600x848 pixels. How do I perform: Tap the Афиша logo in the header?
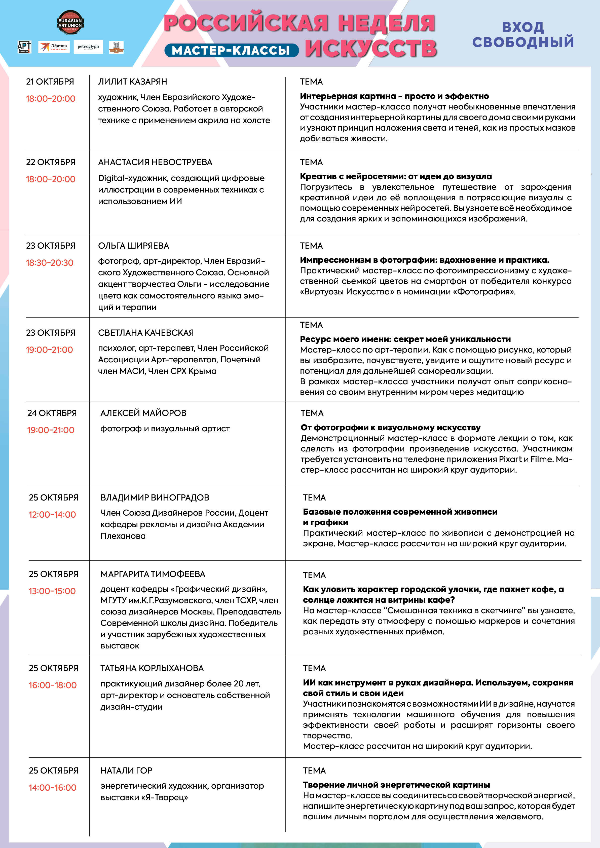click(x=54, y=47)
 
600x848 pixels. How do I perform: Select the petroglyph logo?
click(x=88, y=47)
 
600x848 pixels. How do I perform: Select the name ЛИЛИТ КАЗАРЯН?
click(x=132, y=82)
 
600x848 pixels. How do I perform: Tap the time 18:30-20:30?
click(x=50, y=263)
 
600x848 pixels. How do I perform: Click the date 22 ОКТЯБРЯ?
click(x=50, y=162)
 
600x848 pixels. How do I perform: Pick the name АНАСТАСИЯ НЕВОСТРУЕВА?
click(x=155, y=162)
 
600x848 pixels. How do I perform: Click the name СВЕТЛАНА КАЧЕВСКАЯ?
click(x=146, y=333)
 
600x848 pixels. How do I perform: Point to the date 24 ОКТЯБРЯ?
click(x=52, y=413)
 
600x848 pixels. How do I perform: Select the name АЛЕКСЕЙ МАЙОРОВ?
click(x=143, y=413)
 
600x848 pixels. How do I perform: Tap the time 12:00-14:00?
click(x=52, y=515)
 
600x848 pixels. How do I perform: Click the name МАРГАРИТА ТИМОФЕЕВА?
click(x=153, y=574)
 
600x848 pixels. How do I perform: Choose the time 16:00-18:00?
click(x=52, y=685)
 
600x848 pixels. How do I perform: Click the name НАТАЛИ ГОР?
click(x=126, y=770)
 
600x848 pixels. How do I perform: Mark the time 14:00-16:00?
click(x=52, y=787)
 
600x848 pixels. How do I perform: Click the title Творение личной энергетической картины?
click(x=396, y=785)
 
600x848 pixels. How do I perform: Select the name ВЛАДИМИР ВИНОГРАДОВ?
click(x=155, y=497)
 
